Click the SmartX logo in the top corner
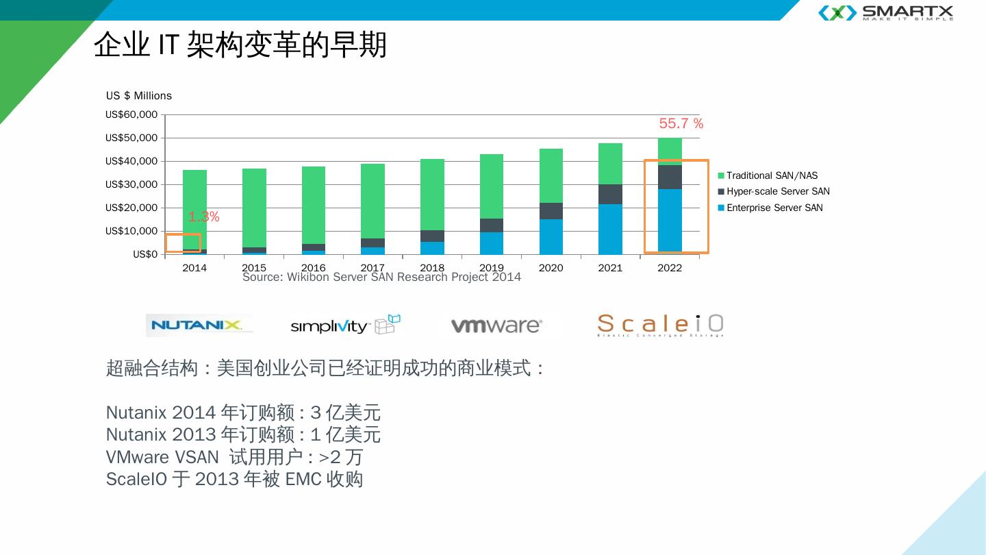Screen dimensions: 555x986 point(886,13)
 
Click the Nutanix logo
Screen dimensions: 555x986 point(198,325)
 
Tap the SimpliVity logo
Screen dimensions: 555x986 point(345,325)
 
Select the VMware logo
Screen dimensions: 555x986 point(496,325)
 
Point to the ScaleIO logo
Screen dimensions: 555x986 point(660,325)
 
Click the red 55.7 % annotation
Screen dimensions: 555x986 point(681,124)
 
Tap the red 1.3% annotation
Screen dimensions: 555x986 point(204,217)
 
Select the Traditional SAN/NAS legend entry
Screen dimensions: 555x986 point(772,176)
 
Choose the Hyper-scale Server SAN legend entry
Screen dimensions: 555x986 point(778,192)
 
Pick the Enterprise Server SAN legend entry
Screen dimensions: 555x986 point(774,208)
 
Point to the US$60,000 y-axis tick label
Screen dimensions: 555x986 point(131,114)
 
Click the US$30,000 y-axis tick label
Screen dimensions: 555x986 point(131,184)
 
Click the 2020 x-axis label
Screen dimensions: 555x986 point(551,268)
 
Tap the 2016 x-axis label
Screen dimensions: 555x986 point(314,268)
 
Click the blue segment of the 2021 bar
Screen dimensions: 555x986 point(610,229)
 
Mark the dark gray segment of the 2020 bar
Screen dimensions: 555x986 point(551,211)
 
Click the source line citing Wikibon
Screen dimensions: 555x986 point(381,277)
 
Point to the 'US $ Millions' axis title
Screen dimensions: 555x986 point(139,96)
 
